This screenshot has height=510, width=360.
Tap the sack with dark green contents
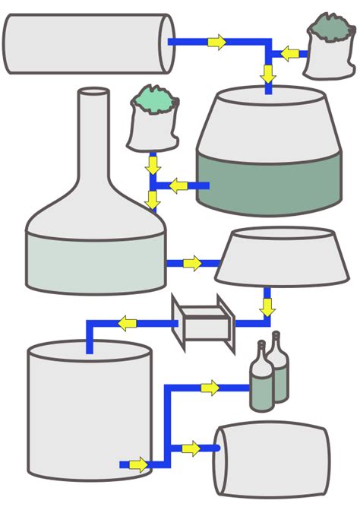[x=329, y=52]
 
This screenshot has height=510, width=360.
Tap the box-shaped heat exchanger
[x=201, y=322]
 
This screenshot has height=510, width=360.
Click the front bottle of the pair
[x=262, y=380]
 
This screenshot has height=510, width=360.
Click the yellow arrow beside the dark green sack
[x=289, y=53]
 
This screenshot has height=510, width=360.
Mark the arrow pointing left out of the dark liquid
[x=178, y=185]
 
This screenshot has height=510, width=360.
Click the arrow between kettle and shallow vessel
[x=193, y=264]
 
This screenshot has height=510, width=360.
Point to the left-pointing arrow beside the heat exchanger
[x=126, y=323]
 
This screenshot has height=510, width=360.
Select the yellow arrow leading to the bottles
[x=210, y=388]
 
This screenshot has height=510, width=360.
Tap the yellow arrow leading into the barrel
[x=191, y=448]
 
